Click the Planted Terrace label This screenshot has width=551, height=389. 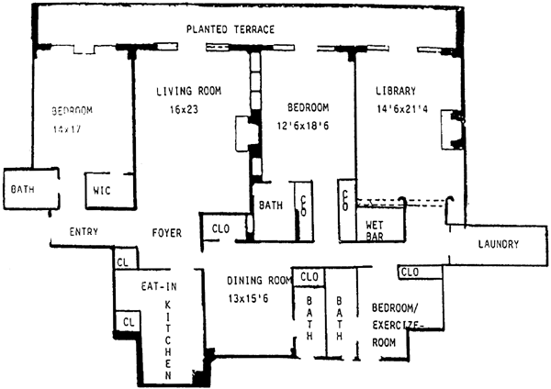click(230, 29)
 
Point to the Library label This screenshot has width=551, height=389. click(396, 91)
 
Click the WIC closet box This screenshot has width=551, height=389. click(101, 191)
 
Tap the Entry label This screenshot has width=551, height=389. click(84, 232)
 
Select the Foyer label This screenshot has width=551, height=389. click(166, 232)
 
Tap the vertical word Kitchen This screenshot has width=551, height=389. click(169, 339)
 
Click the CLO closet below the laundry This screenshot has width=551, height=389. click(410, 272)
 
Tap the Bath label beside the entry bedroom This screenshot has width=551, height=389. click(22, 190)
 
